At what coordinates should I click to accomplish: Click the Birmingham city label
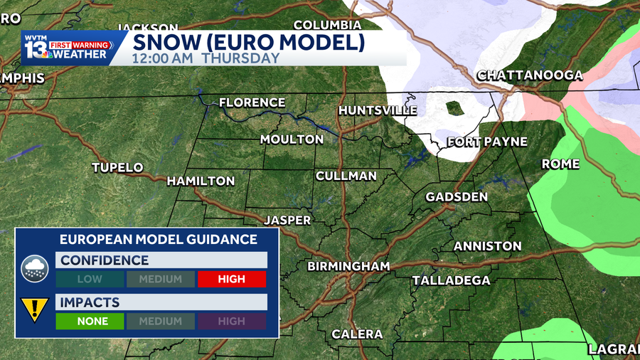click(x=348, y=267)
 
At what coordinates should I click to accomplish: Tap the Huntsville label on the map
click(x=378, y=110)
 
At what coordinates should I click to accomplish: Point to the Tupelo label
click(x=117, y=168)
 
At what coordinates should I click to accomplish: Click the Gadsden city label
click(x=457, y=196)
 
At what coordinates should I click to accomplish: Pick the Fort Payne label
click(x=487, y=142)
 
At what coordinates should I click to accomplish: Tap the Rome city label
click(x=561, y=164)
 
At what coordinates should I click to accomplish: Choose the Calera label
click(x=357, y=334)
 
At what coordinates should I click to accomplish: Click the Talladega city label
click(x=451, y=280)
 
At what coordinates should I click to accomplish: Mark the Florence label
click(x=252, y=102)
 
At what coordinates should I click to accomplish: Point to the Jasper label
click(x=287, y=221)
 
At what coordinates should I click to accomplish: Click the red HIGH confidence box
click(x=232, y=279)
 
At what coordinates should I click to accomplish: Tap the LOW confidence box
click(x=90, y=279)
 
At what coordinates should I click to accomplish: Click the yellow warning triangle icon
click(x=34, y=309)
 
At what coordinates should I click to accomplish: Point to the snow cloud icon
click(x=34, y=268)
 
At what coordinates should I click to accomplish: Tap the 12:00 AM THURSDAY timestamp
click(x=206, y=58)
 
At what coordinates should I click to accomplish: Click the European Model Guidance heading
click(x=158, y=239)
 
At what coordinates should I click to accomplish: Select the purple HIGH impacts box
click(x=232, y=321)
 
